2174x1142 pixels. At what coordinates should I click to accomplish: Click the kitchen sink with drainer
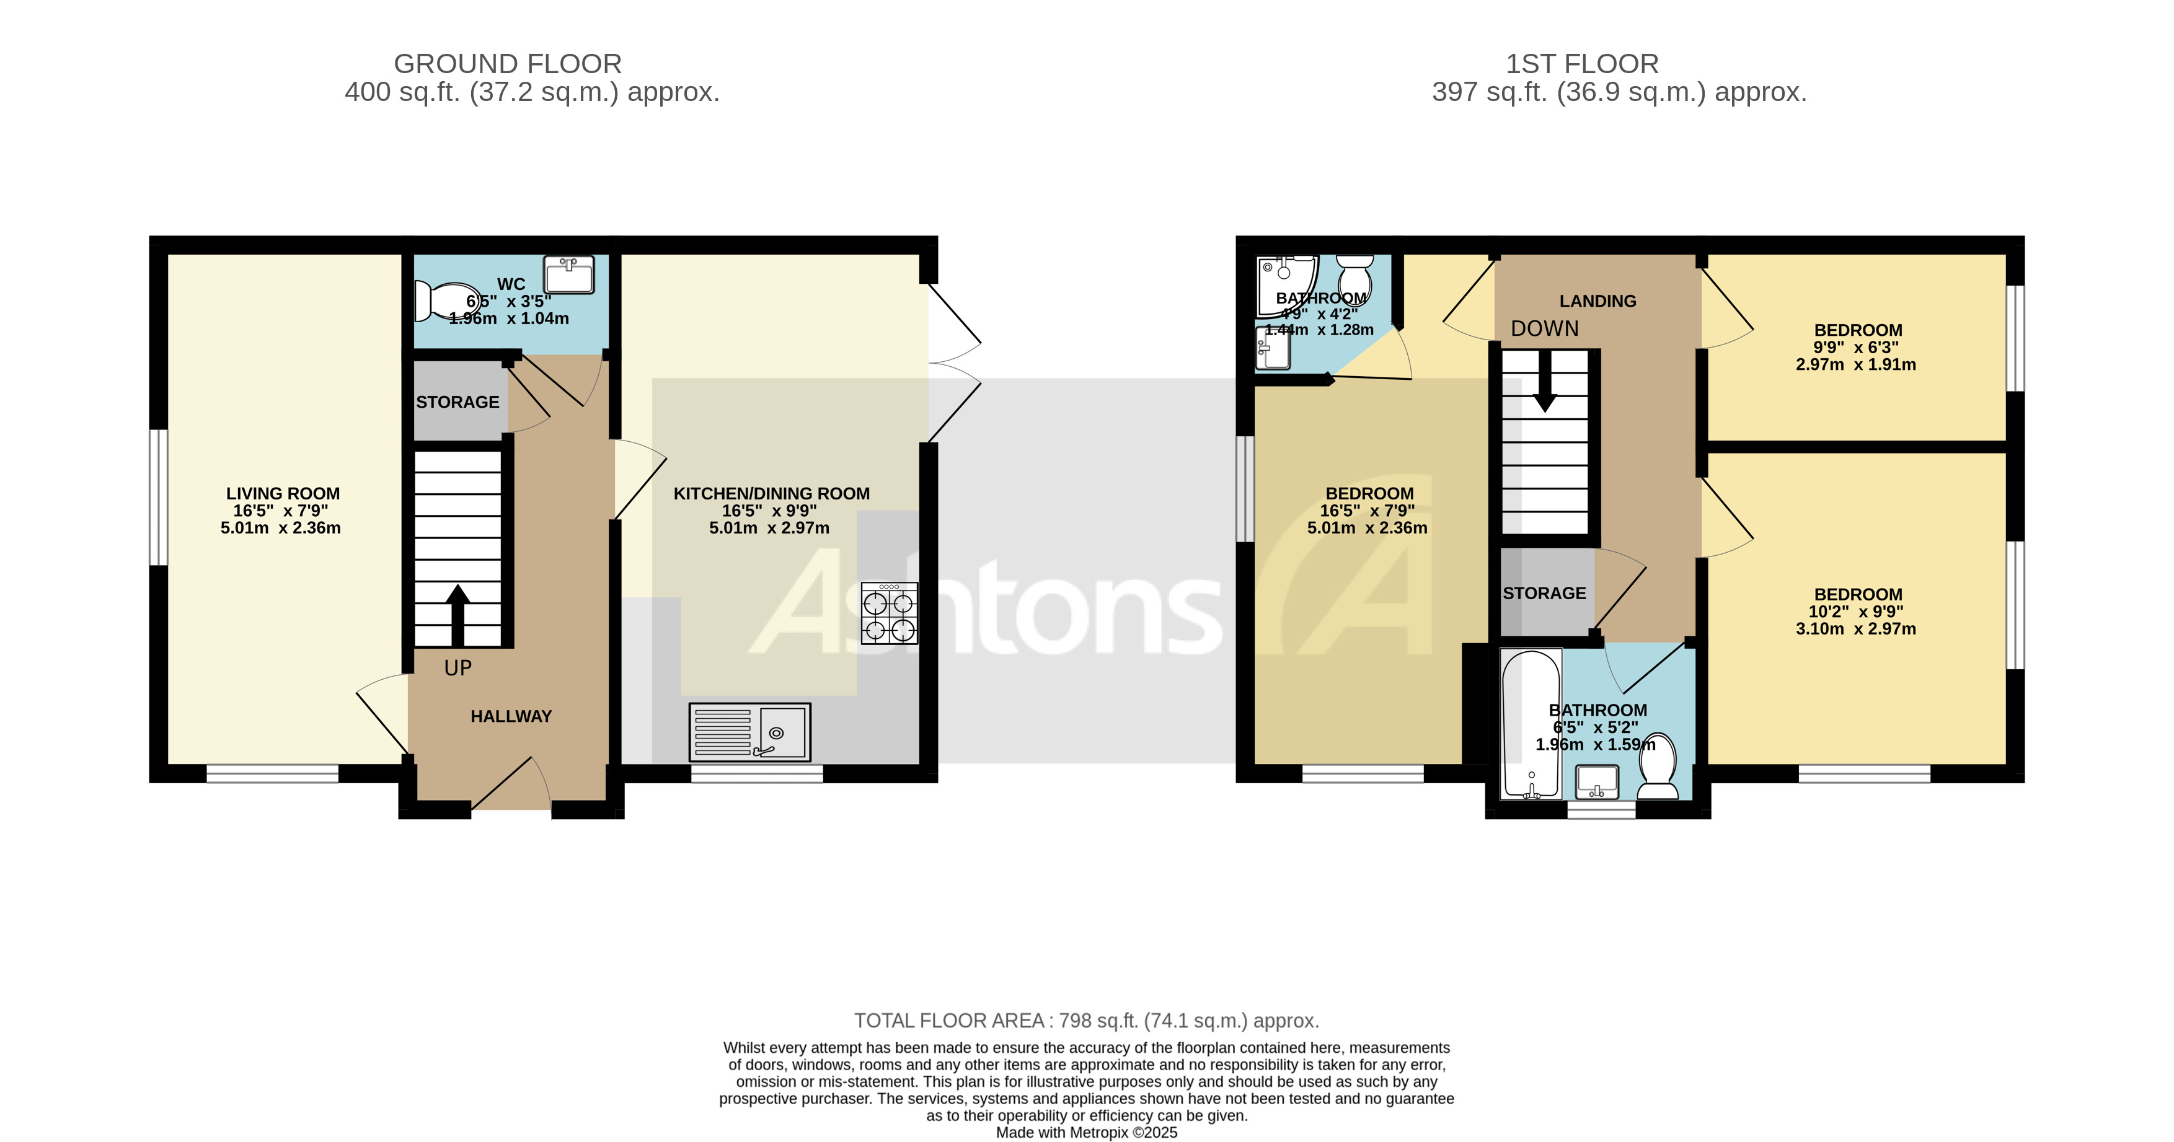click(749, 732)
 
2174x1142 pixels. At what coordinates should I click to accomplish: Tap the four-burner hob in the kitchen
click(889, 614)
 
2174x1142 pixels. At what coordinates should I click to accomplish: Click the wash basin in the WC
click(570, 275)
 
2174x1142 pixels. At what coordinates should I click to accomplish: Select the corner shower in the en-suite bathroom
click(1284, 285)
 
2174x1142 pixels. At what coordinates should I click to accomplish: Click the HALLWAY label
click(511, 716)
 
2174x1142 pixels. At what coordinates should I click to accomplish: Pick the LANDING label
click(1597, 301)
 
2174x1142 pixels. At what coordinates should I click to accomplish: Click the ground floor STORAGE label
click(457, 402)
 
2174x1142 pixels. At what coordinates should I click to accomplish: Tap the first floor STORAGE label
click(1544, 593)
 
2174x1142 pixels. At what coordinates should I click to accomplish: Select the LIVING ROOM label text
click(283, 493)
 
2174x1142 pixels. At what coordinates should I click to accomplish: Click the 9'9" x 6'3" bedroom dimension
click(1856, 348)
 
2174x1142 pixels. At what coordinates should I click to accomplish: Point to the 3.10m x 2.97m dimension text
click(1855, 628)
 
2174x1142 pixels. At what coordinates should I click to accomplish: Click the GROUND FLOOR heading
click(507, 64)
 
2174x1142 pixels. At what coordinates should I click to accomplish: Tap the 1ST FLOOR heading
click(1581, 64)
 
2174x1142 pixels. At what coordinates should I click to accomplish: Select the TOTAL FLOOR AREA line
click(1086, 1021)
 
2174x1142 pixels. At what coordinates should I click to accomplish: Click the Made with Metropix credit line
click(1086, 1133)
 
